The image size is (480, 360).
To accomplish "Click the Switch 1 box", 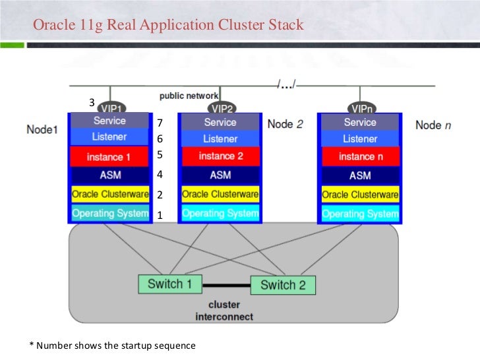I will point(169,284).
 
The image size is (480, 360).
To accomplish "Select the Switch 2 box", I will point(283,285).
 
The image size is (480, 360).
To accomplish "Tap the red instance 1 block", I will point(109,157).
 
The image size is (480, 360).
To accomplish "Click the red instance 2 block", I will point(220,156).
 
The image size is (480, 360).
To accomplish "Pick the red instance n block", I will point(360,157).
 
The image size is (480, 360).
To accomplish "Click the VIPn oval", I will point(360,108).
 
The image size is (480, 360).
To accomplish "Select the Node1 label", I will point(42,129).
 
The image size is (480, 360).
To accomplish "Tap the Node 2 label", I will point(285,123).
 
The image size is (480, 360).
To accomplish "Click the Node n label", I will point(433,125).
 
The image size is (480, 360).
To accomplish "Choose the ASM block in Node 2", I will point(220,175).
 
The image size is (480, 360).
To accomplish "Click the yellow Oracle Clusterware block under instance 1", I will point(109,195).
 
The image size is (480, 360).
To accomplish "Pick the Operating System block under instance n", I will point(360,214).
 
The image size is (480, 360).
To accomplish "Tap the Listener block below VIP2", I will point(220,139).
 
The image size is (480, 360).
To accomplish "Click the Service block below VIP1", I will point(109,121).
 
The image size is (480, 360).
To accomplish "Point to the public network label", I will point(189,96).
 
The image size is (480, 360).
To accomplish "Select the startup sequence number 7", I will point(160,123).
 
